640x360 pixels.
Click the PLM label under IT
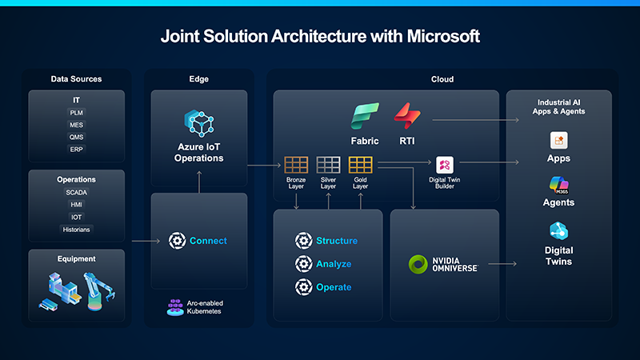pyautogui.click(x=76, y=113)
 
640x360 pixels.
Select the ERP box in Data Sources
pyautogui.click(x=76, y=150)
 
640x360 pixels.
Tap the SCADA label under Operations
pyautogui.click(x=76, y=193)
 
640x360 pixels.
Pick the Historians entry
pyautogui.click(x=76, y=230)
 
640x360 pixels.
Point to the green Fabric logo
pyautogui.click(x=364, y=117)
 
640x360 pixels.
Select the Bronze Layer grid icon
pyautogui.click(x=296, y=165)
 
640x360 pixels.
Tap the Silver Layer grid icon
pyautogui.click(x=328, y=165)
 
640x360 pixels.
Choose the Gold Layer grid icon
pyautogui.click(x=360, y=165)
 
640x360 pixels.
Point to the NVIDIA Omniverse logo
pyautogui.click(x=418, y=264)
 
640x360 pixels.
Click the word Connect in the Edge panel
pyautogui.click(x=208, y=241)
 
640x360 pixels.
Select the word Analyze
pyautogui.click(x=334, y=264)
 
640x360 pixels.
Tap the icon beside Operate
pyautogui.click(x=303, y=287)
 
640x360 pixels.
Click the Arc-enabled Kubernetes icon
pyautogui.click(x=175, y=307)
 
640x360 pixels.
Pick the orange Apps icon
pyautogui.click(x=558, y=141)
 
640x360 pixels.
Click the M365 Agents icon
pyautogui.click(x=558, y=184)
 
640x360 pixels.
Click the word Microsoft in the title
pyautogui.click(x=430, y=36)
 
